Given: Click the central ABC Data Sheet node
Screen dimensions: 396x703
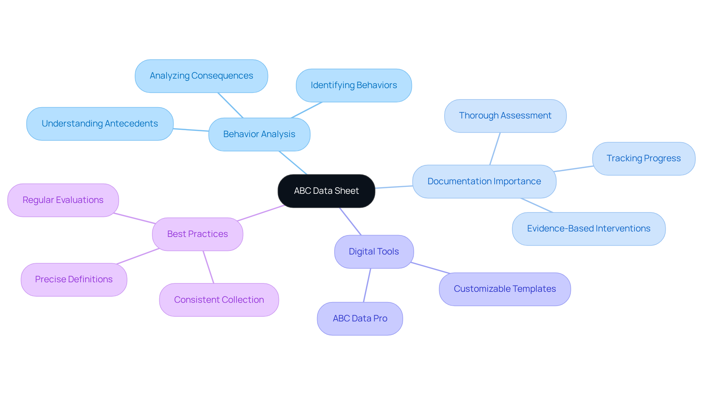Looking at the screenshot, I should tap(326, 191).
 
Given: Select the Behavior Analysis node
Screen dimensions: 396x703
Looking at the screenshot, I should tap(259, 134).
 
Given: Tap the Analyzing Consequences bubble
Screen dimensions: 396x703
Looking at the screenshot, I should tap(201, 76).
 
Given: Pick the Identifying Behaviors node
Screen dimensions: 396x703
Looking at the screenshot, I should tap(354, 85).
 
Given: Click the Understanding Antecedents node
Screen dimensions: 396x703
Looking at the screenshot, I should tap(100, 124).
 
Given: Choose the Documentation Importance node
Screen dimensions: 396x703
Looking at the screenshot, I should tap(484, 181).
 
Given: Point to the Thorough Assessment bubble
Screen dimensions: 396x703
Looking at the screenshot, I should tap(505, 116).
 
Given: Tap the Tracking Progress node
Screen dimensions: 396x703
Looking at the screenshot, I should tap(643, 158).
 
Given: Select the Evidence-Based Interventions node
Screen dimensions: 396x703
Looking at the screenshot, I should tap(588, 229).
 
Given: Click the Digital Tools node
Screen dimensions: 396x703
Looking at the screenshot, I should tap(374, 252).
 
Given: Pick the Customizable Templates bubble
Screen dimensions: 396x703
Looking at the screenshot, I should tap(505, 289).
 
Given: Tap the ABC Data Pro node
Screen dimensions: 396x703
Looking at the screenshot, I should tap(360, 318).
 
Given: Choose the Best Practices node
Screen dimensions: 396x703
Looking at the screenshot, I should tap(197, 234).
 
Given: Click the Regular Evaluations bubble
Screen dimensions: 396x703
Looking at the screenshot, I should tap(63, 200).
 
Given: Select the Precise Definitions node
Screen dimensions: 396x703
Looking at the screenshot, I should tap(74, 279).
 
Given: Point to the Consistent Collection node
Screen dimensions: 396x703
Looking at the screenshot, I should tap(219, 300).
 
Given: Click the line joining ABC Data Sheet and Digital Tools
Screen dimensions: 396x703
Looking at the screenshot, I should tap(350, 221).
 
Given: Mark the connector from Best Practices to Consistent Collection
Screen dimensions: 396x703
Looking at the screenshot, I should tap(208, 267).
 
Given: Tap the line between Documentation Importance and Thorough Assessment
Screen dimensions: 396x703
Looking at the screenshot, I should tap(495, 149).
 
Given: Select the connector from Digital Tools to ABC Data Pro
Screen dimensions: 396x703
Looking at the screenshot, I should tap(367, 285).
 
